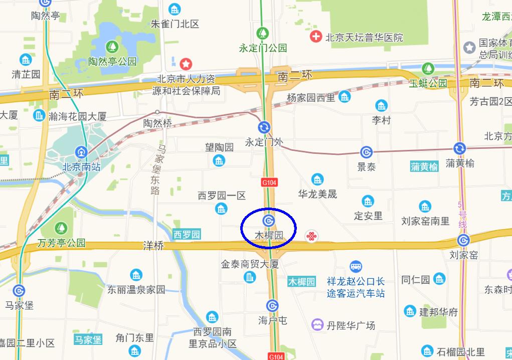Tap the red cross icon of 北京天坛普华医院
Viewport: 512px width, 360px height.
point(315,37)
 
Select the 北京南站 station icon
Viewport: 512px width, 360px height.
point(81,152)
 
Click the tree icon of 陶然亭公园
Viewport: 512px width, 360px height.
point(112,47)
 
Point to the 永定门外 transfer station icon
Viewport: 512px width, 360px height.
point(264,127)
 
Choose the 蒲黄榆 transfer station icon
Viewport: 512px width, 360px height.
point(459,148)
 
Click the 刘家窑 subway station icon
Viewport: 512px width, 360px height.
point(463,240)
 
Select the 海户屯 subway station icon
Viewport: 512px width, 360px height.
point(272,305)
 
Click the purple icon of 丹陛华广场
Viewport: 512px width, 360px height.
point(317,325)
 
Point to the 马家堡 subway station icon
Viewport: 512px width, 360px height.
point(19,290)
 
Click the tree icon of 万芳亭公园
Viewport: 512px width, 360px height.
point(61,228)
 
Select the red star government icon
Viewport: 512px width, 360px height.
point(186,64)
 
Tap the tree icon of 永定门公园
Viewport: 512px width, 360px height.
point(262,34)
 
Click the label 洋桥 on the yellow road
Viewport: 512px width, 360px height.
point(153,246)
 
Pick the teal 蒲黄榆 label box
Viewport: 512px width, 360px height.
point(424,166)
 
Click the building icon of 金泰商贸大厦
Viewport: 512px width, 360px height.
point(250,277)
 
